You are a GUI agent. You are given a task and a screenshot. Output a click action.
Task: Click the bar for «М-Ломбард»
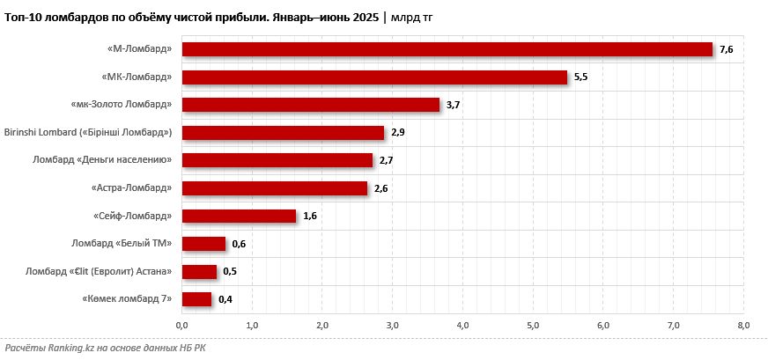click(447, 50)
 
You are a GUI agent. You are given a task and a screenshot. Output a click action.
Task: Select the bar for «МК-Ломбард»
click(374, 77)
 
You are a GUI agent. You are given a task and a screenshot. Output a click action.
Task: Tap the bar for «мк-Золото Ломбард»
click(311, 105)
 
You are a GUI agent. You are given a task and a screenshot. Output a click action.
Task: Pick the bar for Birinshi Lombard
click(283, 133)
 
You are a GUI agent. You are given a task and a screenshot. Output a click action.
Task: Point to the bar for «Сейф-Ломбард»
click(239, 216)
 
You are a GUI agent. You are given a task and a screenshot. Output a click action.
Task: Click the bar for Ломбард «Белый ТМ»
click(203, 244)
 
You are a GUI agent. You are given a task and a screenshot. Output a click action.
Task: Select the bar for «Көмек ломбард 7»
click(196, 299)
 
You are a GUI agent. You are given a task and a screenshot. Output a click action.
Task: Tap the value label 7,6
click(727, 50)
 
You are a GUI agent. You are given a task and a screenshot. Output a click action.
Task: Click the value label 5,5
click(580, 77)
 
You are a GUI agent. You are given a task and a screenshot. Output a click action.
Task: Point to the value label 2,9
click(398, 133)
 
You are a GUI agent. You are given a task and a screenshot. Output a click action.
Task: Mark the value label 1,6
click(309, 216)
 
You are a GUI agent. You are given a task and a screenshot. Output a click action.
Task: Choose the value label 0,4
click(225, 299)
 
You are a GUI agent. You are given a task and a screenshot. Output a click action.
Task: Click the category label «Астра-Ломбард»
click(131, 188)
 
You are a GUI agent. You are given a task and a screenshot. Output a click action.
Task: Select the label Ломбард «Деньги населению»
click(101, 160)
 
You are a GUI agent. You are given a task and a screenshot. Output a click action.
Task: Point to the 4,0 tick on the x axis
click(462, 327)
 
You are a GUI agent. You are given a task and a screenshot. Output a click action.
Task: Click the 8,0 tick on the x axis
click(743, 327)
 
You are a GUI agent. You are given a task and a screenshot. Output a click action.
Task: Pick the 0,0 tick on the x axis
click(182, 327)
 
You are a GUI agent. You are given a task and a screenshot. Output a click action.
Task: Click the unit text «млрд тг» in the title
click(413, 17)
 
